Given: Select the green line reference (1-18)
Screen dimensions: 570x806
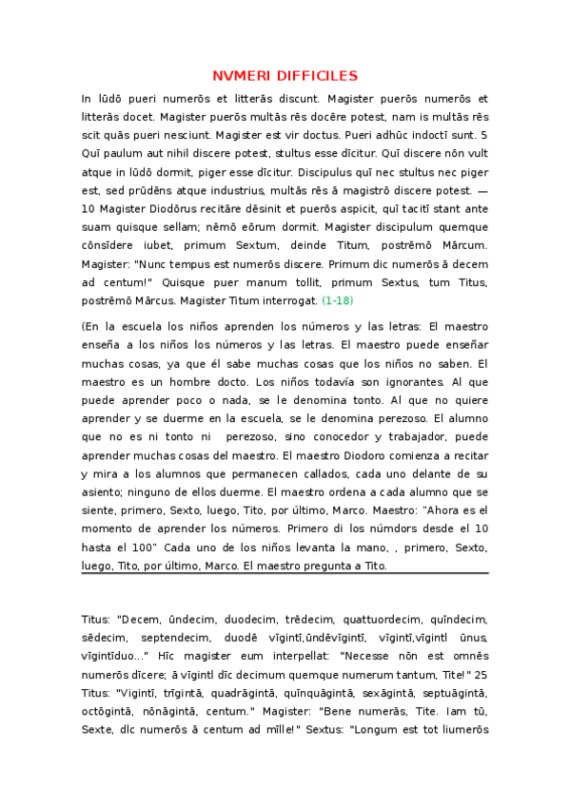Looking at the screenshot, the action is point(338,300).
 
